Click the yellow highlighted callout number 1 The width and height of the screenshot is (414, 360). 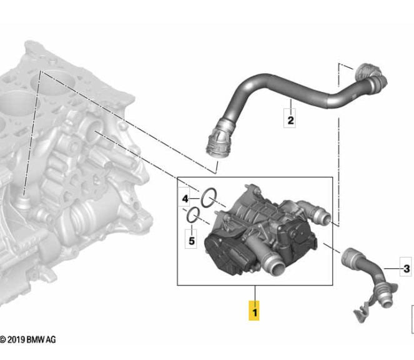click(254, 310)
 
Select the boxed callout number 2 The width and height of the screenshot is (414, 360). click(290, 119)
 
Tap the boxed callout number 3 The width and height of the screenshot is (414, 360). click(406, 269)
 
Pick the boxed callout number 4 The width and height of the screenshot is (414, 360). click(185, 199)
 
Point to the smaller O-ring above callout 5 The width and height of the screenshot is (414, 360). click(193, 216)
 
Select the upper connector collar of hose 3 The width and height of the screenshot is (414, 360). click(350, 257)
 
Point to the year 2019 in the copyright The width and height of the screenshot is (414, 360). click(15, 339)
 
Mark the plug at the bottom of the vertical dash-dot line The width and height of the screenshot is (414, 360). click(23, 202)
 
